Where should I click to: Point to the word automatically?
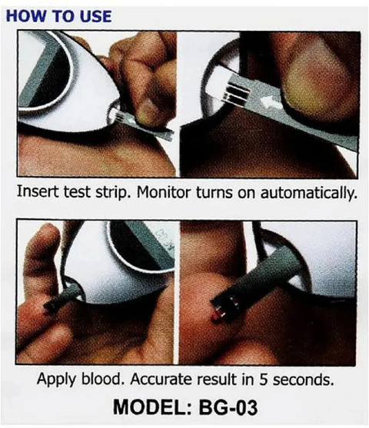tap(308, 193)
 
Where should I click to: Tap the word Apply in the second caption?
tap(56, 379)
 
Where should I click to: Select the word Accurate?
tap(161, 379)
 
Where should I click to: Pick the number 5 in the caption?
tap(264, 380)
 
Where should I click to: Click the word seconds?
tap(303, 380)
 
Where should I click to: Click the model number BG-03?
tap(228, 407)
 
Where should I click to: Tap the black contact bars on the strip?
tap(237, 93)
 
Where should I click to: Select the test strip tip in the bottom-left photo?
tap(50, 307)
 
